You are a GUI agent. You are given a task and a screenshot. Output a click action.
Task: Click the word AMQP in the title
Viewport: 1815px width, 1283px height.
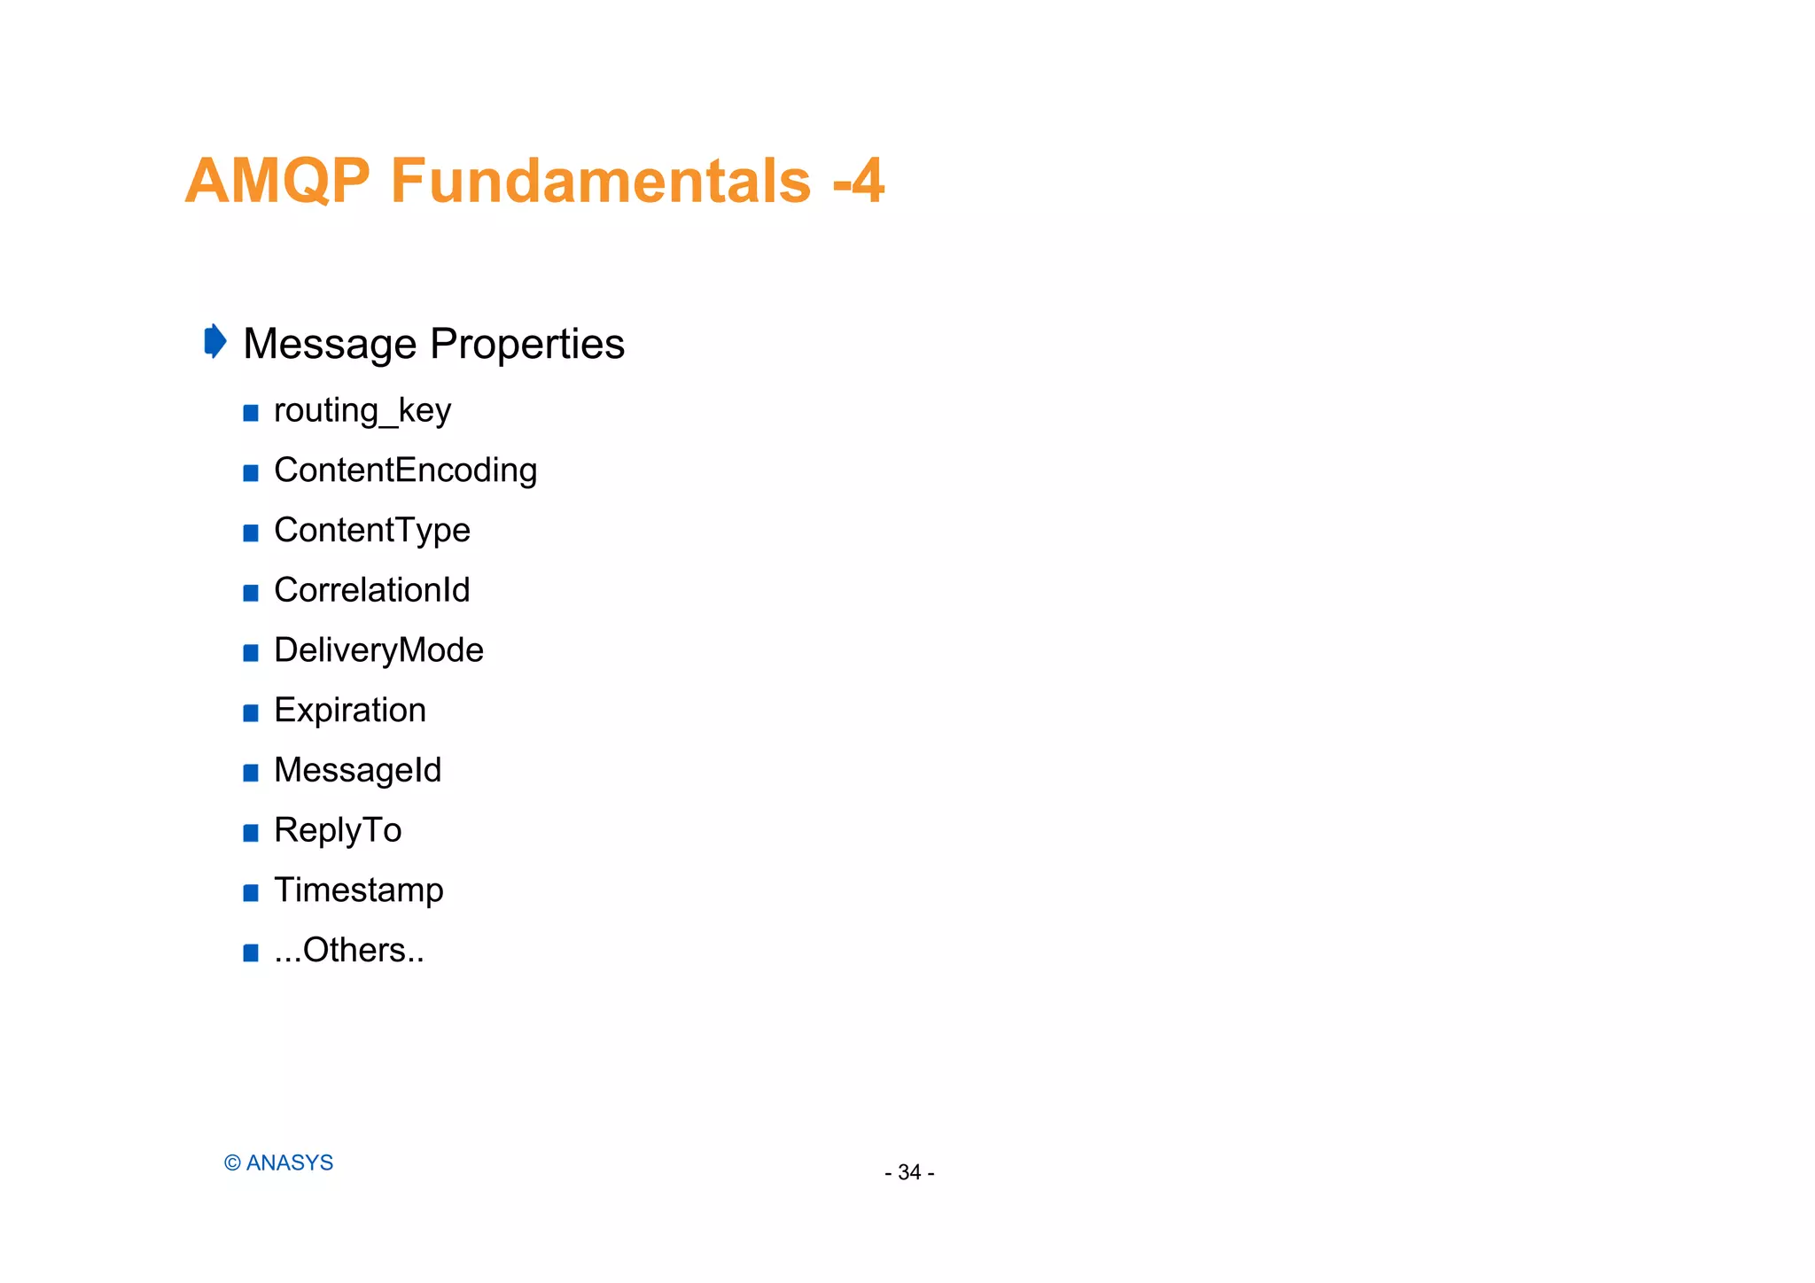click(x=277, y=181)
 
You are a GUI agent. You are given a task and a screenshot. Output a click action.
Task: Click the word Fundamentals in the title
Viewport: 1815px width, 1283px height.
click(x=600, y=181)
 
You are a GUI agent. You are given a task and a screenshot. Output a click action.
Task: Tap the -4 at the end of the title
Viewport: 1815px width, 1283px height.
click(x=858, y=181)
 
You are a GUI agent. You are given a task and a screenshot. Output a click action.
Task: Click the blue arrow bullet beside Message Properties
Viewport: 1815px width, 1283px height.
click(x=214, y=341)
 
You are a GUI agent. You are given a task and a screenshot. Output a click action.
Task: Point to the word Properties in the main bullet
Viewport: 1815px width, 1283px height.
click(x=527, y=344)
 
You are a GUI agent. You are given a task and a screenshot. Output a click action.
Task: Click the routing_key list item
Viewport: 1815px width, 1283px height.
click(x=362, y=410)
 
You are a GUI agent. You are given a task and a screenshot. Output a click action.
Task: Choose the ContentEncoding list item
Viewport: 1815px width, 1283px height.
click(x=405, y=470)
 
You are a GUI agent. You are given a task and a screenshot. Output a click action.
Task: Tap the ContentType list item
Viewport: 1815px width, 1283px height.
click(x=371, y=530)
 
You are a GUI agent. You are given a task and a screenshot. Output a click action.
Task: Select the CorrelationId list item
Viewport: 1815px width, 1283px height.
click(x=371, y=590)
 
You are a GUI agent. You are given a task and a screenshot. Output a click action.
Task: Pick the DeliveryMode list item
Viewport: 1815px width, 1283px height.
click(x=378, y=650)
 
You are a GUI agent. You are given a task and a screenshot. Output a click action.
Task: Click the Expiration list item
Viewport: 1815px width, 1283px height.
click(x=350, y=710)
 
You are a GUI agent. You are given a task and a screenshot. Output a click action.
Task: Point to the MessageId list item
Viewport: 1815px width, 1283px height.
click(x=357, y=770)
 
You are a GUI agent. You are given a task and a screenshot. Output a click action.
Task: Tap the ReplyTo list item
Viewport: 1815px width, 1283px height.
click(x=338, y=830)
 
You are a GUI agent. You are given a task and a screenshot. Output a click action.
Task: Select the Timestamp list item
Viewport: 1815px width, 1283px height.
click(x=358, y=890)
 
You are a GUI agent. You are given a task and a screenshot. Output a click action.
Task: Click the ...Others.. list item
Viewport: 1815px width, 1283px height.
click(x=349, y=950)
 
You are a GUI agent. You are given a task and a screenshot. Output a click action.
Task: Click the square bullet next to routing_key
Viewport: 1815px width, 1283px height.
click(x=251, y=413)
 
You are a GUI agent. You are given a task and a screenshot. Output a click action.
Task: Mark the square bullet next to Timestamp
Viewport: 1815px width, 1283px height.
click(x=251, y=893)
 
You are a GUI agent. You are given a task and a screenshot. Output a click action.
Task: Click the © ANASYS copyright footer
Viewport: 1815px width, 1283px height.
click(x=278, y=1162)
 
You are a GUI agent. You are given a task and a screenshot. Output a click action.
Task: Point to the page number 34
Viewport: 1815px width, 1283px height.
click(x=909, y=1172)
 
